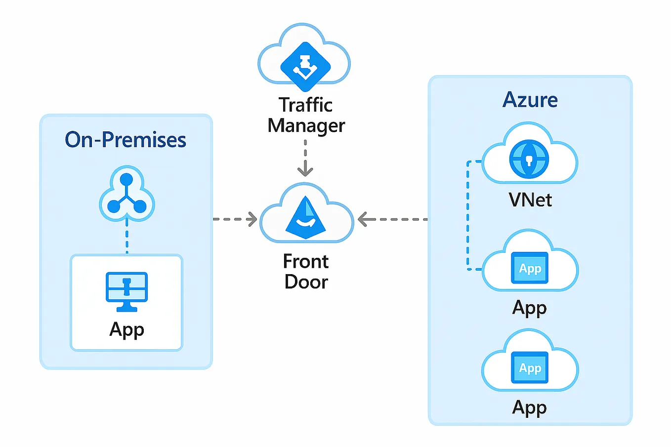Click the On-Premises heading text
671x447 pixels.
tap(126, 140)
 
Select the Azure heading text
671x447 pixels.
tap(530, 100)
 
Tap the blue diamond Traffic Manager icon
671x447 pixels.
tap(305, 66)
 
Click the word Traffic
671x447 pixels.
tap(305, 105)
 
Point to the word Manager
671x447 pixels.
tap(306, 126)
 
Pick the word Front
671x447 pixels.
tap(306, 261)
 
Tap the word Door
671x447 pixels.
tap(306, 282)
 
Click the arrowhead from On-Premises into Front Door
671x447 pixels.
tap(252, 219)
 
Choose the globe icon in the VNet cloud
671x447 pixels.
tap(529, 159)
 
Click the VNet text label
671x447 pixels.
tap(530, 200)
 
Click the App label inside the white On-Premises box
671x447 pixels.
tap(127, 329)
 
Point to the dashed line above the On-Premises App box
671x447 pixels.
tap(127, 238)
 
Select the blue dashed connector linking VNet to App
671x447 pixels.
tap(468, 215)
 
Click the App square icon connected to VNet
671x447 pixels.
tap(530, 268)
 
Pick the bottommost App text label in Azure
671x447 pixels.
tap(529, 407)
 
